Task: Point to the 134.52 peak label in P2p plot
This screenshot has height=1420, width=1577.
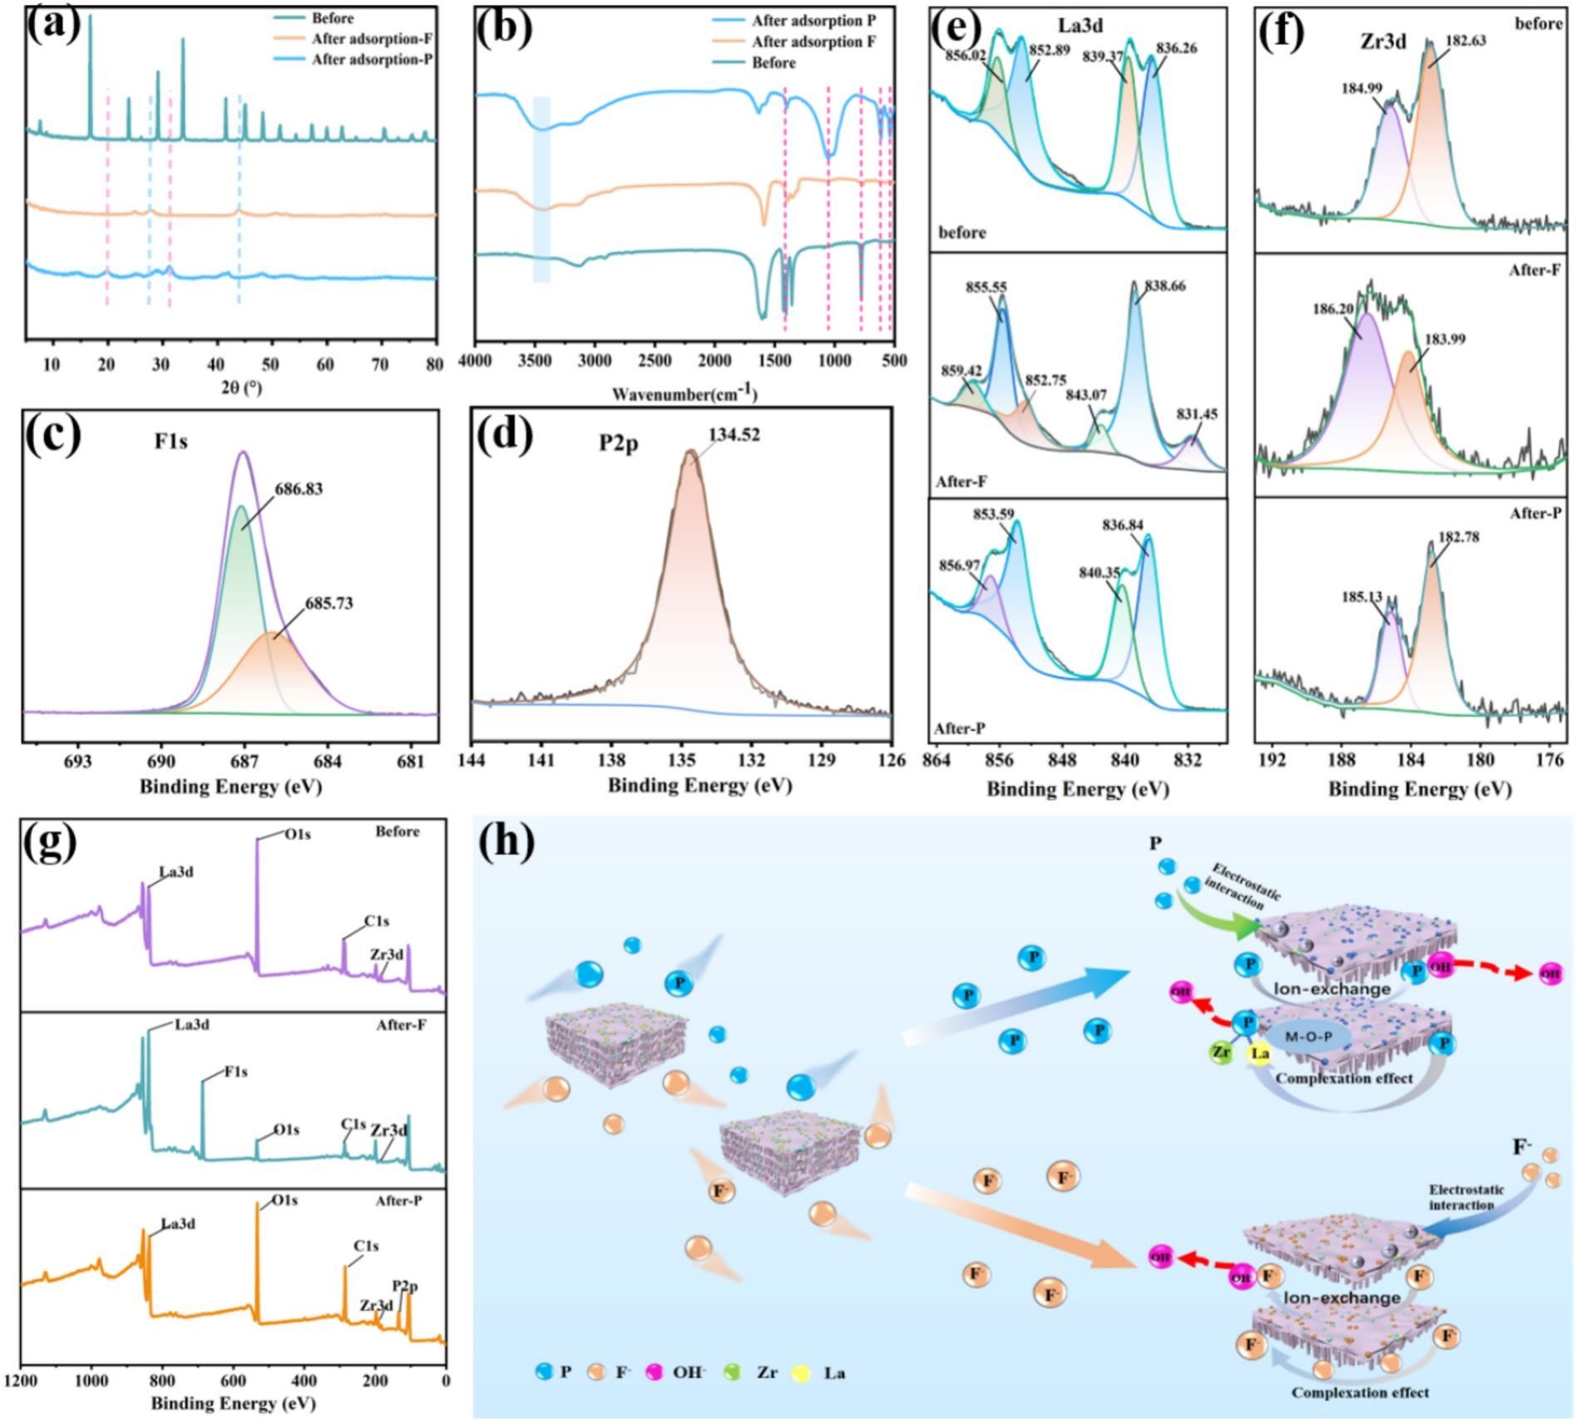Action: [734, 435]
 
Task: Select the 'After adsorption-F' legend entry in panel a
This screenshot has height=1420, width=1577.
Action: [373, 39]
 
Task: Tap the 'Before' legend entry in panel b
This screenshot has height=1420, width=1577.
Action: [774, 63]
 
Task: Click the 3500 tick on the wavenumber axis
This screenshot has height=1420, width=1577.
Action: [534, 360]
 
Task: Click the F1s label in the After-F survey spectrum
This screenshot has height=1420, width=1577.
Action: [235, 1072]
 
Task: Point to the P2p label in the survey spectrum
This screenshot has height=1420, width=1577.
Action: [405, 1287]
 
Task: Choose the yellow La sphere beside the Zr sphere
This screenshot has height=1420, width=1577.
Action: [1260, 1053]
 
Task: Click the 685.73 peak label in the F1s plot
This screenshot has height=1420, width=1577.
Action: [329, 603]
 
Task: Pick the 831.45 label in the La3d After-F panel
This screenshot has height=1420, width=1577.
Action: [1196, 414]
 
